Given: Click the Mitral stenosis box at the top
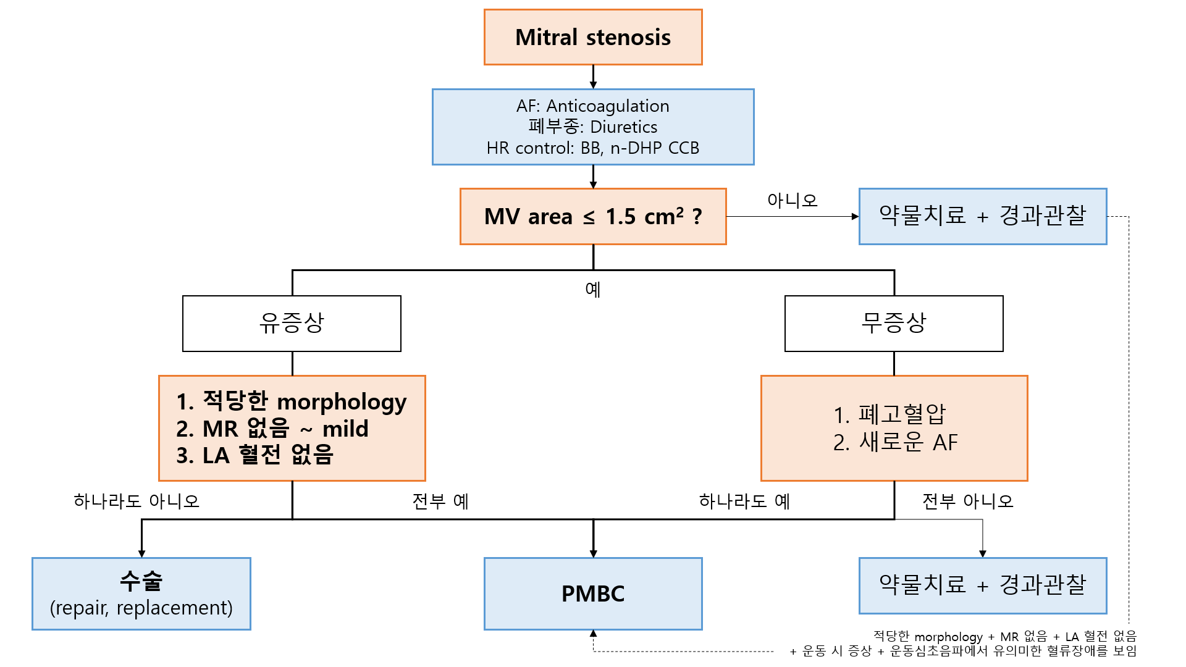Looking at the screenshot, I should pyautogui.click(x=593, y=37).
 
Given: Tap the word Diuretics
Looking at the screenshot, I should pyautogui.click(x=624, y=127).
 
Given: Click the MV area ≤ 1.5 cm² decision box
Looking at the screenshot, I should pyautogui.click(x=593, y=217).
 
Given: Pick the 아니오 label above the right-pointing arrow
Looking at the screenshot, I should pyautogui.click(x=793, y=200).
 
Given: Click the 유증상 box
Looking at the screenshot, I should pyautogui.click(x=292, y=323).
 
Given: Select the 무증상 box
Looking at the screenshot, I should pyautogui.click(x=894, y=323).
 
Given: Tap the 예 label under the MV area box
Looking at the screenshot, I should pyautogui.click(x=593, y=289).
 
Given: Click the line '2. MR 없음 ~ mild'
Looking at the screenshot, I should pyautogui.click(x=272, y=429).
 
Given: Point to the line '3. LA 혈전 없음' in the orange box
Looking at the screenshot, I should pyautogui.click(x=254, y=455).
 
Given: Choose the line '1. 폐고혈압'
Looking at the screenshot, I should pyautogui.click(x=889, y=414).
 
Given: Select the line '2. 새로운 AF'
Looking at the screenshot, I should pyautogui.click(x=895, y=442).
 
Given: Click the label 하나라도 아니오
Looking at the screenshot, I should pyautogui.click(x=137, y=501).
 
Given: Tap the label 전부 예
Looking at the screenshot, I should pyautogui.click(x=440, y=501).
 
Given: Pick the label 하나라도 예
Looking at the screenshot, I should pyautogui.click(x=744, y=501).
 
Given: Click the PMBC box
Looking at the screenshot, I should pyautogui.click(x=593, y=594).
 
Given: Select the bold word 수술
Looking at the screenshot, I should pyautogui.click(x=141, y=581).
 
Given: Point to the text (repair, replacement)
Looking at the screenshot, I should pyautogui.click(x=141, y=608).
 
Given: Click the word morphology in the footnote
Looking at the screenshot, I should pyautogui.click(x=948, y=637).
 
